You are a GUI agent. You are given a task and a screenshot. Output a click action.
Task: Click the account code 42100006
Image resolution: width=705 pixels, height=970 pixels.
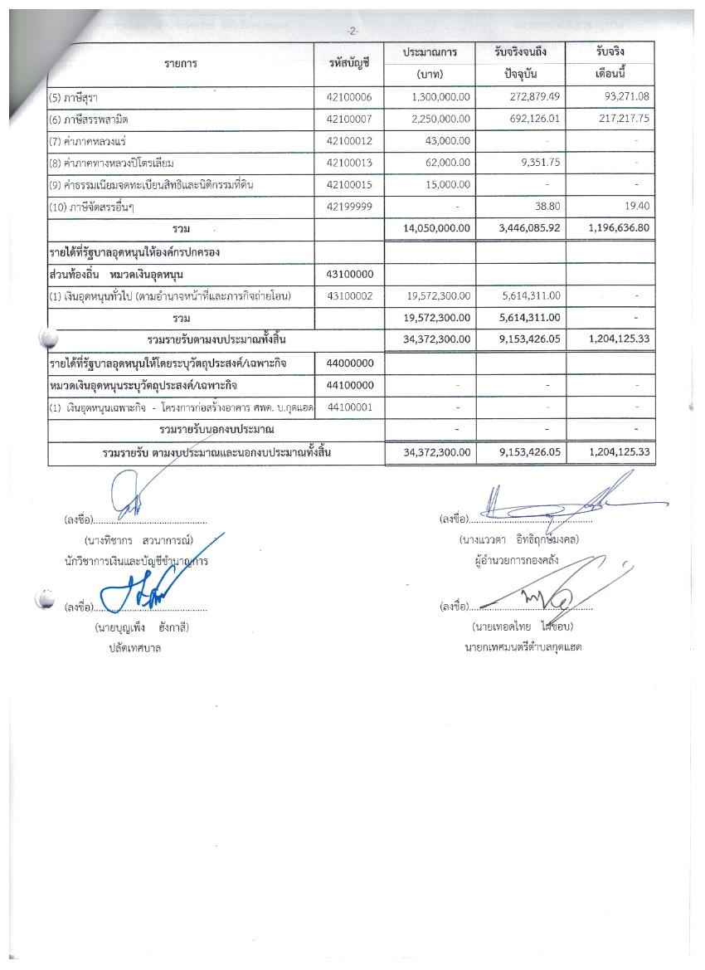[x=350, y=97]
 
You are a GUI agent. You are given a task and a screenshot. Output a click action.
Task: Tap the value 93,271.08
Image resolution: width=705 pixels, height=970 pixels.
[x=622, y=97]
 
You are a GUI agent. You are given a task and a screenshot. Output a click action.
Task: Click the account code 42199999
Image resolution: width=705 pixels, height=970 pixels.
[x=350, y=205]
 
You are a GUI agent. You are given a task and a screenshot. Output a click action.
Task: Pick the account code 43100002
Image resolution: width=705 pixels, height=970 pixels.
[x=350, y=295]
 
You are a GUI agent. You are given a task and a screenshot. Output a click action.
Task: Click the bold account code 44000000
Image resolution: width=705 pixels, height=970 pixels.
[x=350, y=363]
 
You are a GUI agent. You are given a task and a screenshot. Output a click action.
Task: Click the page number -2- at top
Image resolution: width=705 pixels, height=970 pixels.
[x=352, y=31]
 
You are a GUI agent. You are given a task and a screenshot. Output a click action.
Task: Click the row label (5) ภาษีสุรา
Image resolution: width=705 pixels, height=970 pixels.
[x=73, y=97]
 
